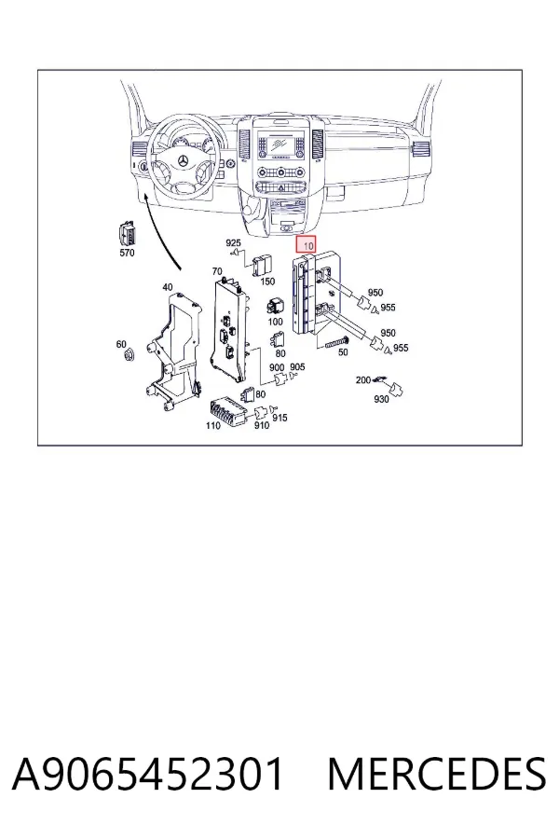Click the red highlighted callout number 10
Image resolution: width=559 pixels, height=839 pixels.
pyautogui.click(x=307, y=245)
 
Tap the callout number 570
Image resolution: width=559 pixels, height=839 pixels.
pyautogui.click(x=127, y=253)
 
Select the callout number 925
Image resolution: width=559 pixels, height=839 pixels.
pyautogui.click(x=233, y=243)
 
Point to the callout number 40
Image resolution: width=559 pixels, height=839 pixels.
pyautogui.click(x=168, y=287)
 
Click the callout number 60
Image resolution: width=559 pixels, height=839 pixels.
pyautogui.click(x=121, y=344)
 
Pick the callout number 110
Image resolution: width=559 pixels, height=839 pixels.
pyautogui.click(x=213, y=426)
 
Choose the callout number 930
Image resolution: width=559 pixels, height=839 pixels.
pyautogui.click(x=381, y=399)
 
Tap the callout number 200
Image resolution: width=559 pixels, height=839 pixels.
pyautogui.click(x=363, y=380)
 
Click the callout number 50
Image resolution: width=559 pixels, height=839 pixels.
pyautogui.click(x=343, y=352)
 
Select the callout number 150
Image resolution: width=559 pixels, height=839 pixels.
pyautogui.click(x=267, y=282)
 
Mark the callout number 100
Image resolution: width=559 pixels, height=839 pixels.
pyautogui.click(x=275, y=322)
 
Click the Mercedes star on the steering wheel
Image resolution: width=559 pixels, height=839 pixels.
pyautogui.click(x=184, y=161)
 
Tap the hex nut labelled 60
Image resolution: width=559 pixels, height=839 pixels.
pyautogui.click(x=128, y=355)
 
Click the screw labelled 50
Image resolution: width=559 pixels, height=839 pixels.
pyautogui.click(x=336, y=342)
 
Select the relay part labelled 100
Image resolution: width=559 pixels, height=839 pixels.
pyautogui.click(x=275, y=307)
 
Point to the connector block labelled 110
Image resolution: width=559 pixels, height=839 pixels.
pyautogui.click(x=229, y=411)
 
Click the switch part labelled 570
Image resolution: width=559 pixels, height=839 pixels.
pyautogui.click(x=127, y=234)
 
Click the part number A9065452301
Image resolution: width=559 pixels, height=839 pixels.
pyautogui.click(x=147, y=775)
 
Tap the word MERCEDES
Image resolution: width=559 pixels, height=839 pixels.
pyautogui.click(x=437, y=775)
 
